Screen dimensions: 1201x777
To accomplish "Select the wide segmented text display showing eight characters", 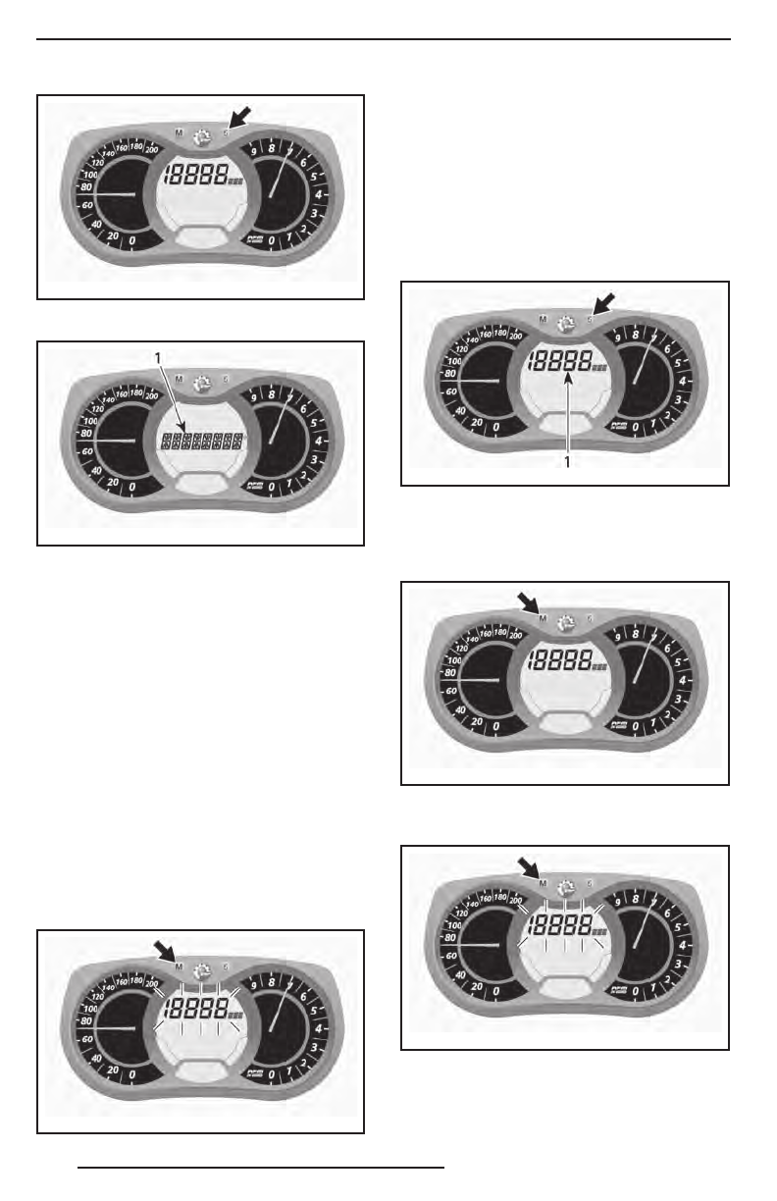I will click(x=202, y=443).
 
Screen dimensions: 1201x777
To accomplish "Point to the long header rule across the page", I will click(x=384, y=40).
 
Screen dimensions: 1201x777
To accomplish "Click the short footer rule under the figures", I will click(x=262, y=1169).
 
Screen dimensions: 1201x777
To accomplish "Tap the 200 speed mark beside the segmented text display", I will click(x=151, y=395).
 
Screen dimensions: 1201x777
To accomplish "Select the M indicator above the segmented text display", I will click(x=179, y=378).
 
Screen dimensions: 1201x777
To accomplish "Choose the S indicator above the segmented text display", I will click(x=226, y=378).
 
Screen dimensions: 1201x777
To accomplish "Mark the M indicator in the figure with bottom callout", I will click(x=544, y=318).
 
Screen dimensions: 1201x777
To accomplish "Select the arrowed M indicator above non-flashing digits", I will click(x=544, y=618).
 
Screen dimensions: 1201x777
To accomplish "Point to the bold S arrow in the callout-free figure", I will click(x=240, y=115).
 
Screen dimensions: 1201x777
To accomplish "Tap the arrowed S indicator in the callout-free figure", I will click(x=226, y=131).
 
